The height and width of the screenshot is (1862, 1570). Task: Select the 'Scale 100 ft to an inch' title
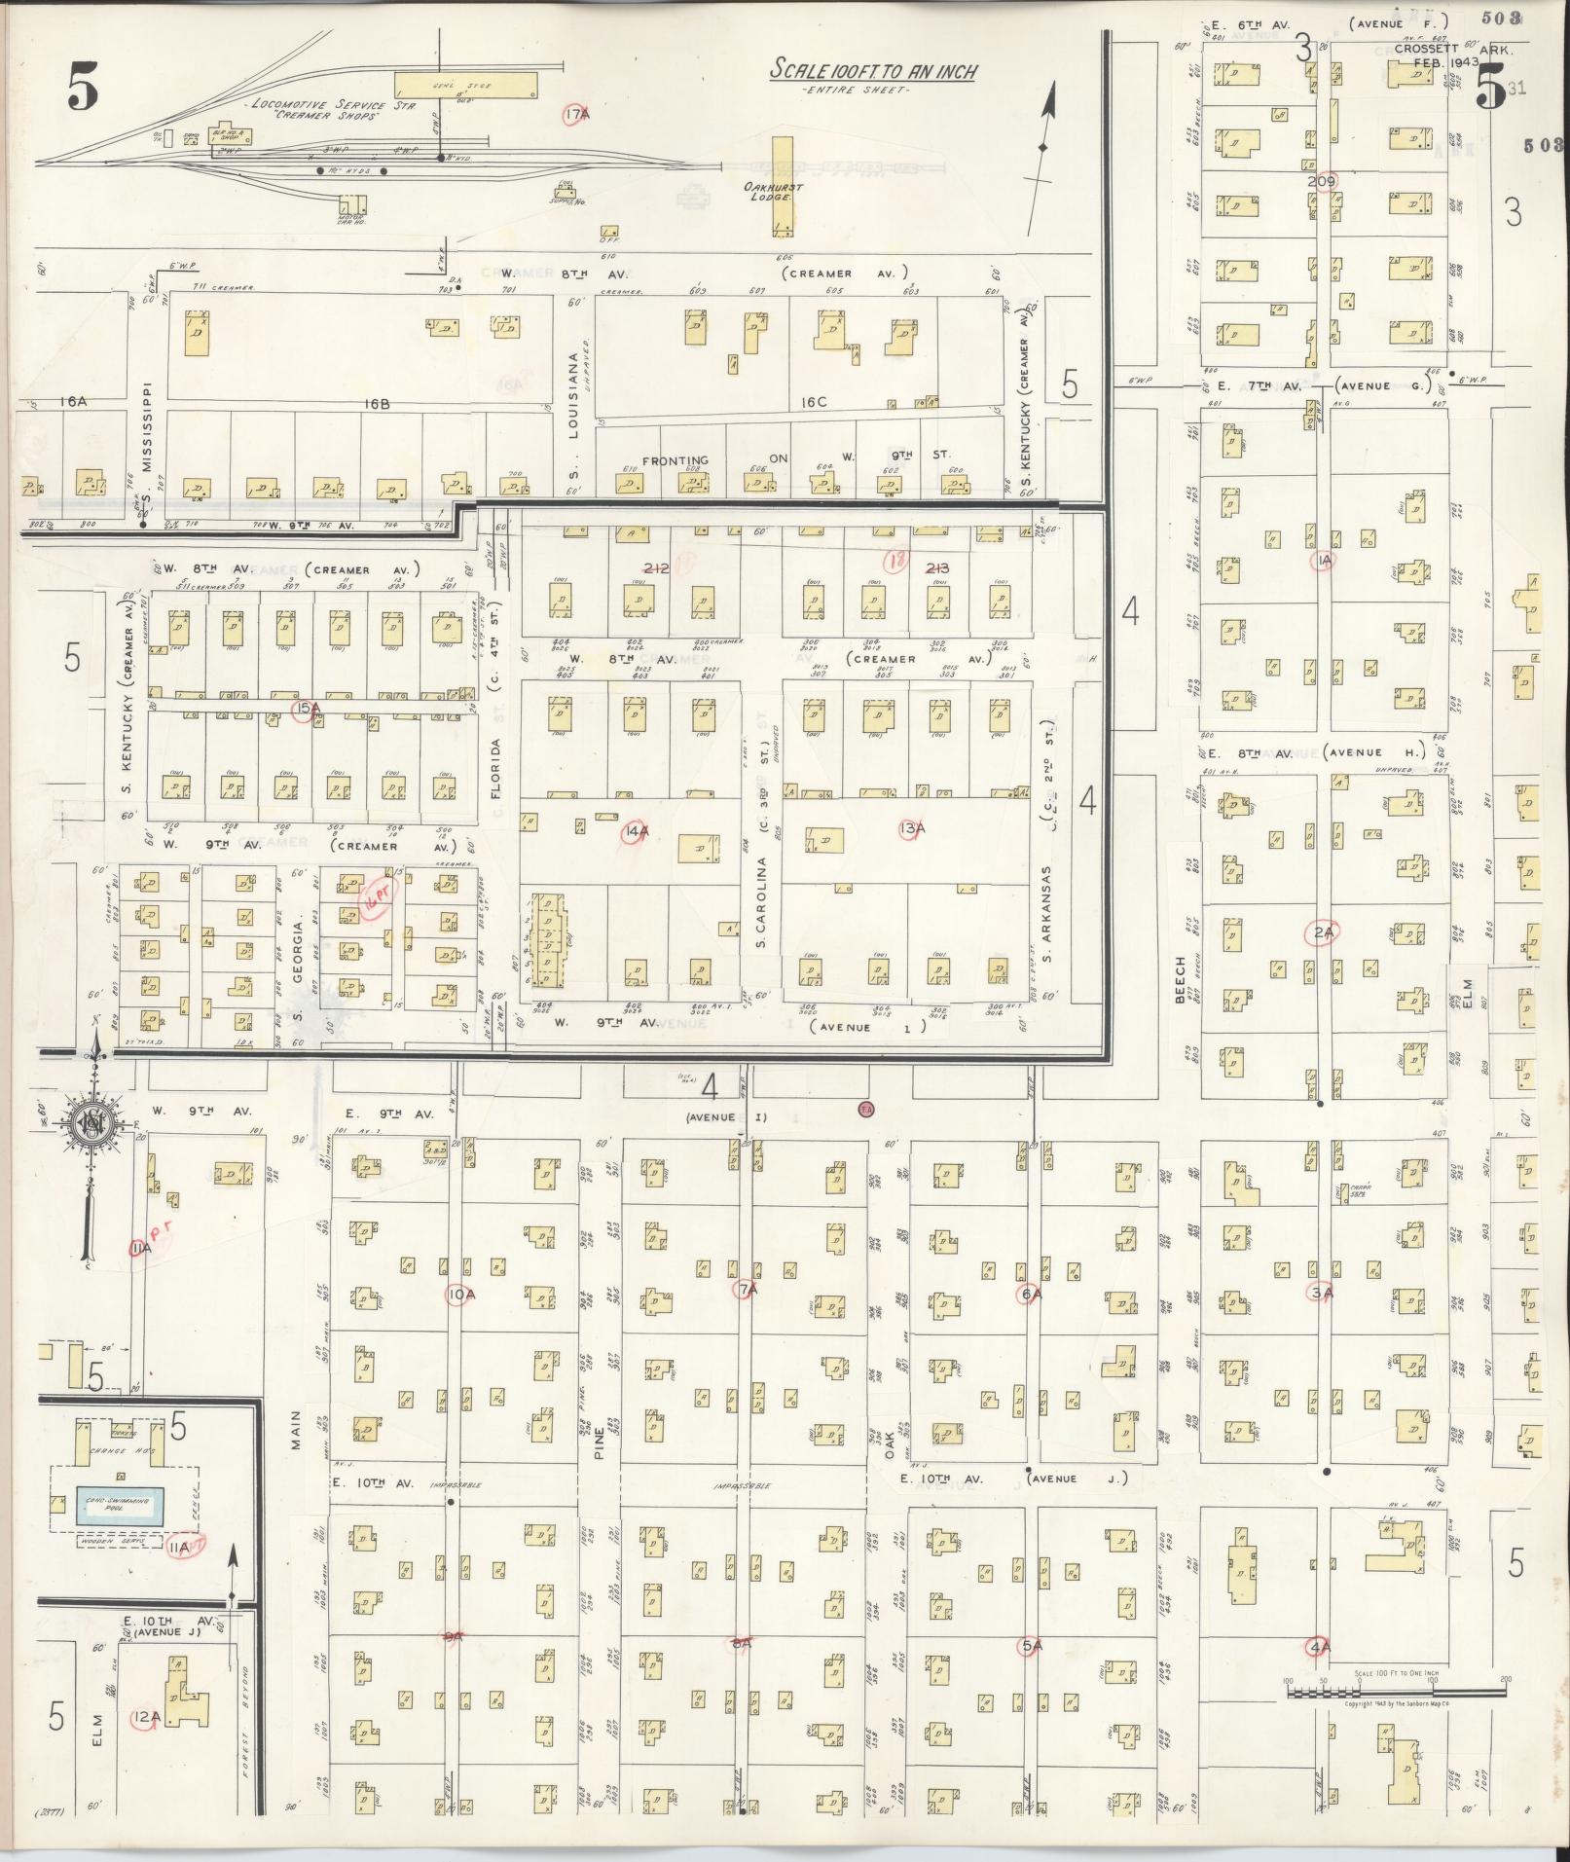coord(872,71)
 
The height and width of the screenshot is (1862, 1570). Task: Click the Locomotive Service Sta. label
coord(329,106)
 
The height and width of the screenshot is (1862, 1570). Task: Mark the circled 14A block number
coord(636,832)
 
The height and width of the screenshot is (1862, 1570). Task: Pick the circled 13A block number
coord(912,829)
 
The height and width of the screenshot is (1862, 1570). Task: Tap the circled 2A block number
coord(1322,933)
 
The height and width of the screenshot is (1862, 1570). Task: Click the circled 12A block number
coord(144,1718)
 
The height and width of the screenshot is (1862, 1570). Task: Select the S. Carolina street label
coord(763,902)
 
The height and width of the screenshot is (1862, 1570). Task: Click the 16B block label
coord(378,402)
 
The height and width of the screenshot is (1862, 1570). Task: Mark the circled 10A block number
coord(461,1294)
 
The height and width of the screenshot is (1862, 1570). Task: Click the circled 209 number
coord(1322,182)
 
